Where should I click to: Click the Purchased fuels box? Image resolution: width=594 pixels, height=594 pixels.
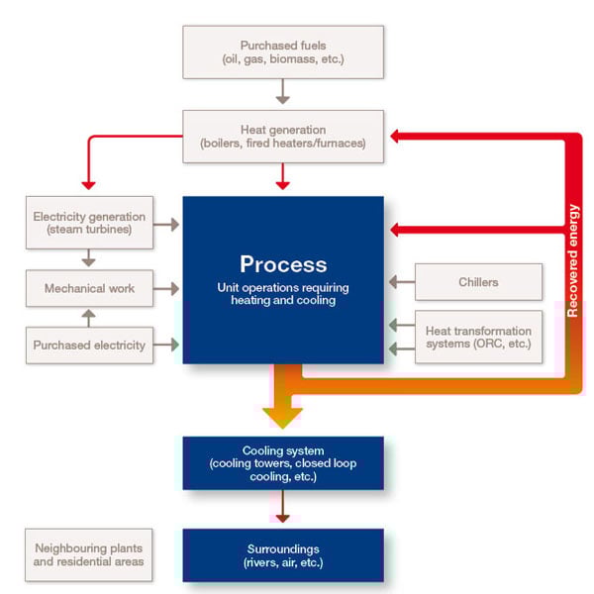pyautogui.click(x=282, y=52)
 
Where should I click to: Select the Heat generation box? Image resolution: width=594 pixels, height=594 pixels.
pyautogui.click(x=282, y=137)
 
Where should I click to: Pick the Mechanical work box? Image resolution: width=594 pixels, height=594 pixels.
pyautogui.click(x=88, y=288)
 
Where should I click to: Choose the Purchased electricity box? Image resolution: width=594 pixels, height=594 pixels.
pyautogui.click(x=88, y=346)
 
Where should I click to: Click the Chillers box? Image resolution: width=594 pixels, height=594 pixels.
pyautogui.click(x=478, y=282)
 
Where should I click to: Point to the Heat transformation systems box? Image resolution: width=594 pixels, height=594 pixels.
pyautogui.click(x=478, y=337)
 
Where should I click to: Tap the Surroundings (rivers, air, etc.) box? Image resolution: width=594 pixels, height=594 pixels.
pyautogui.click(x=282, y=554)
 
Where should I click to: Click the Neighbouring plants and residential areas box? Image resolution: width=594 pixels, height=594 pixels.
pyautogui.click(x=88, y=554)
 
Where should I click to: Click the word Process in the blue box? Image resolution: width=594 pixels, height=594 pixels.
pyautogui.click(x=282, y=264)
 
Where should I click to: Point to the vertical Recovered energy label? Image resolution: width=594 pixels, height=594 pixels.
pyautogui.click(x=573, y=259)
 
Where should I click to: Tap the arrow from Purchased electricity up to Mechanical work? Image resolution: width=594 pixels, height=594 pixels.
pyautogui.click(x=88, y=317)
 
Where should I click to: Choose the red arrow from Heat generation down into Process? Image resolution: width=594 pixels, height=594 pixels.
pyautogui.click(x=282, y=178)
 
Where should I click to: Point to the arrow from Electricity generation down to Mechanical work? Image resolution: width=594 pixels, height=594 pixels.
pyautogui.click(x=88, y=256)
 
